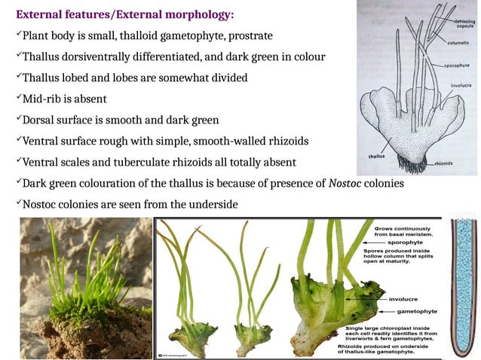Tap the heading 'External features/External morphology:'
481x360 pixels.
pyautogui.click(x=124, y=15)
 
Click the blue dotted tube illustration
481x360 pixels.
pyautogui.click(x=462, y=286)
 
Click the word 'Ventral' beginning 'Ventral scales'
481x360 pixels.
pyautogui.click(x=42, y=162)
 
